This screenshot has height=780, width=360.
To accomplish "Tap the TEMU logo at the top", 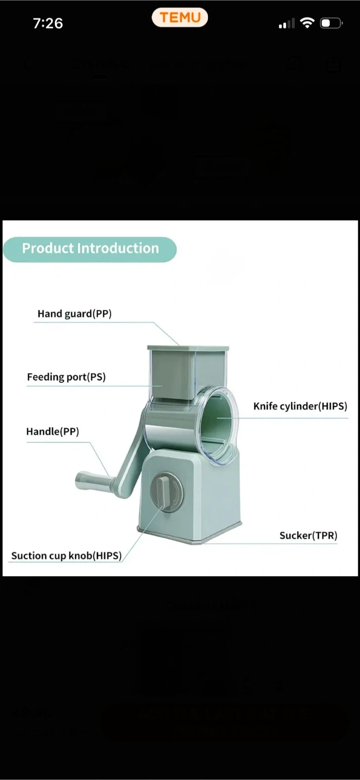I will (x=180, y=17).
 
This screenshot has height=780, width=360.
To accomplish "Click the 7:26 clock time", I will (x=48, y=23).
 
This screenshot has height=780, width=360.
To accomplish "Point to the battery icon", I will (x=331, y=23).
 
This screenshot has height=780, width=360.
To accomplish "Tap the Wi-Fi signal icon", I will (x=307, y=23).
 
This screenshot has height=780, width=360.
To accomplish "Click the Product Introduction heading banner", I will (x=90, y=249).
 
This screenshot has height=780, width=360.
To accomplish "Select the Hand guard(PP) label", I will (x=74, y=314).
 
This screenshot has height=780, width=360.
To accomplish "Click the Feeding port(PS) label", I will (x=66, y=377).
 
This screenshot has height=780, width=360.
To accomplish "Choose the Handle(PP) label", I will (x=53, y=432).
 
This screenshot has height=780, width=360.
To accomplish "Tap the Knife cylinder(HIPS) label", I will (x=300, y=406).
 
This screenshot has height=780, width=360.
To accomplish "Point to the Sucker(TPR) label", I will (x=308, y=536).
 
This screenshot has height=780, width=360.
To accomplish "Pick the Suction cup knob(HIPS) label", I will (x=66, y=556).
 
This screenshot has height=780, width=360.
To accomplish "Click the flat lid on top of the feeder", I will (x=188, y=347).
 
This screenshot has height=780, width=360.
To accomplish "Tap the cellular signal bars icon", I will (x=286, y=24).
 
